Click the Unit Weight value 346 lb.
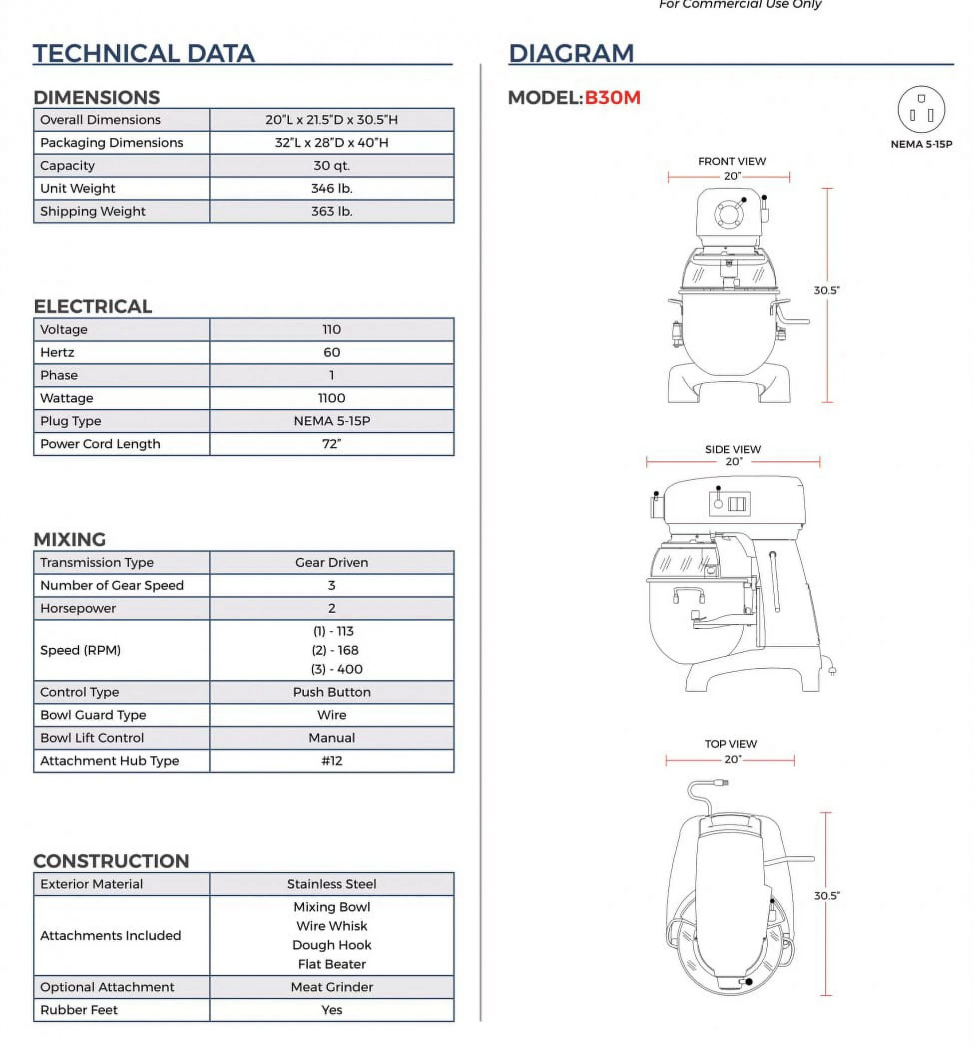point(331,188)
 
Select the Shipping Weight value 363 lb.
point(331,212)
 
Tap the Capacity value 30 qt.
point(331,166)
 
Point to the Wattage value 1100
point(331,398)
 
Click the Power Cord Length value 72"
point(331,444)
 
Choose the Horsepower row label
point(78,608)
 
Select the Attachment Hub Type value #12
point(331,761)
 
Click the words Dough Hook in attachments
point(331,945)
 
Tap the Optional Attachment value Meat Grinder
point(331,987)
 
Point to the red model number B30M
point(612,98)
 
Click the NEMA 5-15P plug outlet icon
point(921,110)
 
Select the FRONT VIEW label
point(732,162)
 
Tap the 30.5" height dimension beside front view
point(826,290)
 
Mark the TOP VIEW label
point(731,744)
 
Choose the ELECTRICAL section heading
point(93,306)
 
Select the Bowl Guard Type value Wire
point(331,715)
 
